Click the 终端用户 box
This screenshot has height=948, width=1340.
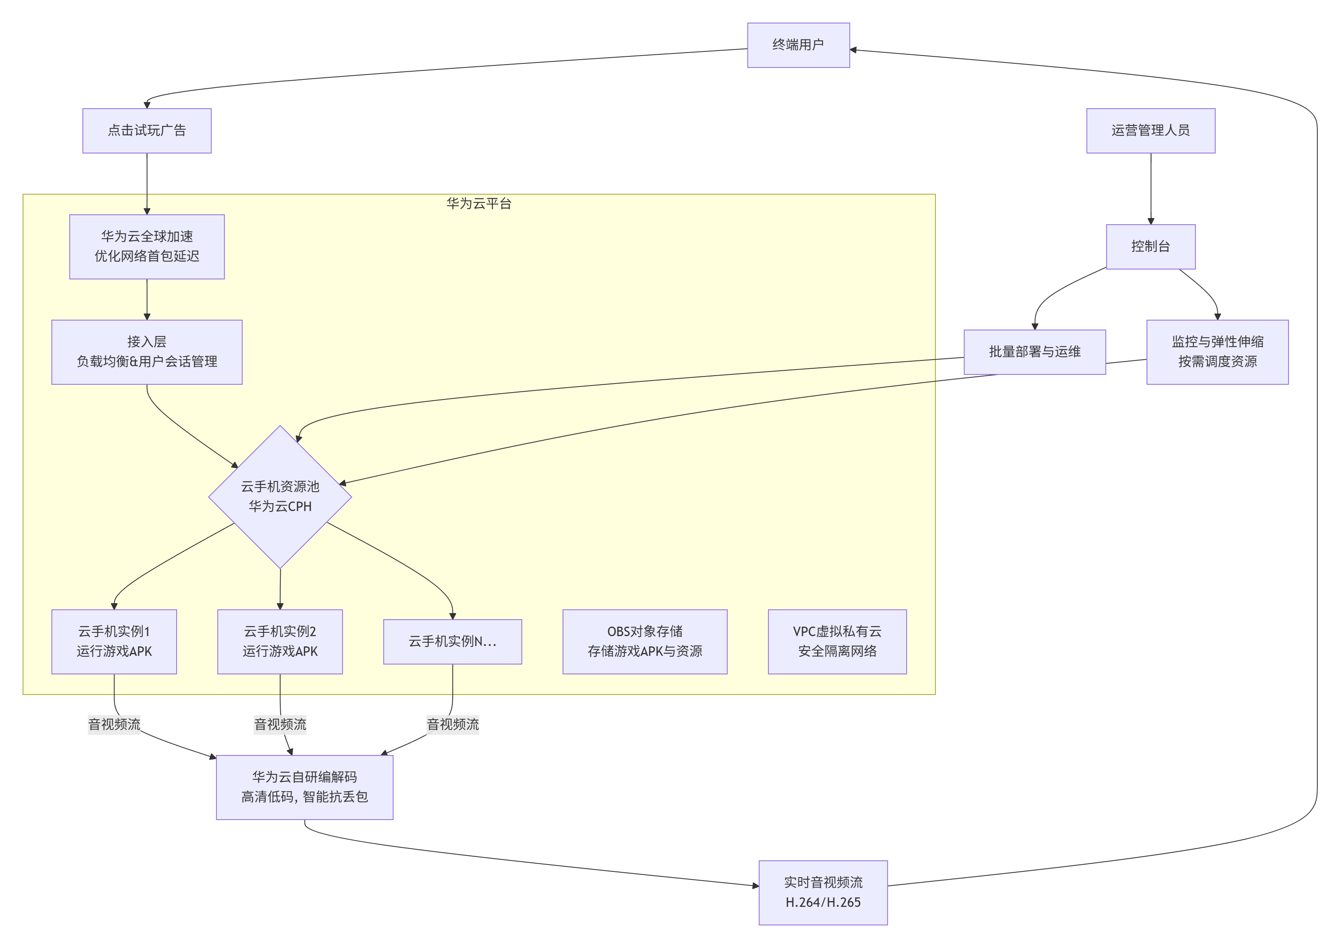click(x=798, y=45)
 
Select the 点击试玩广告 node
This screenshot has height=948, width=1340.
click(x=147, y=131)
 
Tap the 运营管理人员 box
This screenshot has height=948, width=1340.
click(x=1150, y=131)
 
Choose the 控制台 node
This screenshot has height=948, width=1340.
click(x=1150, y=246)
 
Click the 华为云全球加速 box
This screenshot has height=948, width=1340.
click(x=147, y=246)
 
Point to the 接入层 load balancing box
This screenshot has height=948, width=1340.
click(x=147, y=352)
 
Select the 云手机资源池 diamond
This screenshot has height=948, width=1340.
click(x=280, y=497)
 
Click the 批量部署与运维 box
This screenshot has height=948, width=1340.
click(x=1035, y=352)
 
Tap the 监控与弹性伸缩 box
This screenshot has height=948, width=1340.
click(x=1217, y=352)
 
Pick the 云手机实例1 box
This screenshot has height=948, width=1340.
click(x=114, y=641)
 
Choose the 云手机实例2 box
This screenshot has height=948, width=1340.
click(x=280, y=641)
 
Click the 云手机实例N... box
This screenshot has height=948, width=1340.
click(x=453, y=641)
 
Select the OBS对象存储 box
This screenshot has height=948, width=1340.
click(x=644, y=641)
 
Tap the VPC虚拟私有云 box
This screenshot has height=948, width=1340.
click(x=837, y=641)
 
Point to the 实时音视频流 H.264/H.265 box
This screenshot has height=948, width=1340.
click(x=823, y=892)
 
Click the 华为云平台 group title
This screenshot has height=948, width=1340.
click(x=479, y=204)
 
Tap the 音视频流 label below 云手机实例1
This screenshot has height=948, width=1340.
click(x=114, y=725)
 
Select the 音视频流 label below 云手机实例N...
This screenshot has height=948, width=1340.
click(x=453, y=725)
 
